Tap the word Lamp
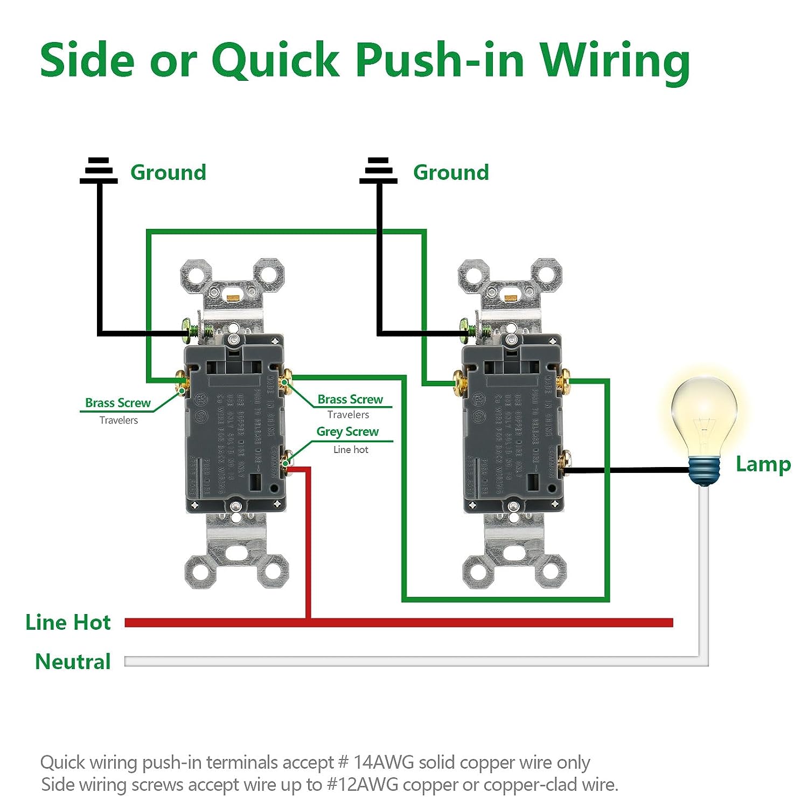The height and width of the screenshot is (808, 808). [x=763, y=464]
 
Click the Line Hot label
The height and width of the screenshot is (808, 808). [x=68, y=623]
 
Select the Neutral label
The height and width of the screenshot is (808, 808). [x=73, y=661]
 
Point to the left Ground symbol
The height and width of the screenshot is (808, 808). [x=99, y=170]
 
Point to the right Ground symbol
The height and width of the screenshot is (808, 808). [x=378, y=170]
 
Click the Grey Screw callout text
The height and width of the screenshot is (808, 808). [x=347, y=432]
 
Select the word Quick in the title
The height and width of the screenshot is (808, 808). [x=275, y=60]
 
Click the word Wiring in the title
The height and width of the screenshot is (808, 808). [x=615, y=60]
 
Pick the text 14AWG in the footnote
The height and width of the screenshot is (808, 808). [x=384, y=763]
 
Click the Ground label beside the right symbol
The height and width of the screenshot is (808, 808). [x=451, y=172]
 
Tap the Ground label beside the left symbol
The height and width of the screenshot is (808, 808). [x=168, y=172]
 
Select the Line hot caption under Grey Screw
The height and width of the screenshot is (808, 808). [x=351, y=450]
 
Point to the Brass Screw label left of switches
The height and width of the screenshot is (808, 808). [x=118, y=403]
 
